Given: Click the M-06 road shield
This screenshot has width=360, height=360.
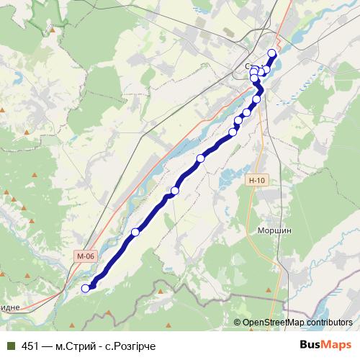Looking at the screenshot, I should coord(86,256).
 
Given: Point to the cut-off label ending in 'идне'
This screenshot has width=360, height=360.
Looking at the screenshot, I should coord(10,307).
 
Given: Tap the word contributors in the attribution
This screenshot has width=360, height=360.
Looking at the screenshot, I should coord(328,323).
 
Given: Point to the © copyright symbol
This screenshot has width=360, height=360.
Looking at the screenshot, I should coord(238,323).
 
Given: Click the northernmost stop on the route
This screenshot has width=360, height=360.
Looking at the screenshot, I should coord(271,53).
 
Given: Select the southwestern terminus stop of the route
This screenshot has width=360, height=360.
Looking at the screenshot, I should coord(86,289).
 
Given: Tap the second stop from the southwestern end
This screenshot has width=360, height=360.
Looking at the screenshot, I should coord(135,232).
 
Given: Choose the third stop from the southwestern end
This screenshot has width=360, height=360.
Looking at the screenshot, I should coord(175,190).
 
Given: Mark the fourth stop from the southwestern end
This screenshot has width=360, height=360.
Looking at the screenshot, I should coord(201,158).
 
